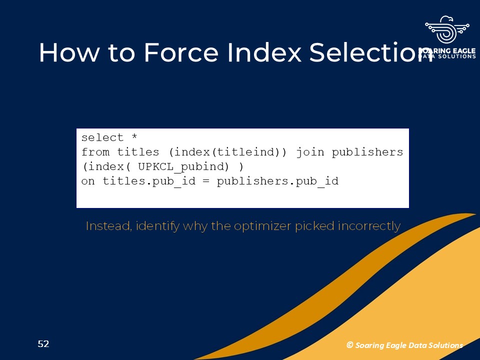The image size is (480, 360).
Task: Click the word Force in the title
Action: (181, 52)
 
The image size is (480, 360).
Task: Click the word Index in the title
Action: (264, 52)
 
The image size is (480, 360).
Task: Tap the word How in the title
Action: (69, 52)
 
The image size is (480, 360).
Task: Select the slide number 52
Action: (43, 344)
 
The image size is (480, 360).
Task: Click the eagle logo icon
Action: (447, 29)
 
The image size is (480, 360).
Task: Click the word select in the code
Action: (102, 138)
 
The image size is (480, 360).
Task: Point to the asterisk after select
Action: (134, 136)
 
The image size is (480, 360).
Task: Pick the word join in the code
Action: (310, 152)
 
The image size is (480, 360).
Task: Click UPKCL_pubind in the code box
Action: (183, 167)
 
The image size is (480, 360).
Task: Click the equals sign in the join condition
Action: (205, 181)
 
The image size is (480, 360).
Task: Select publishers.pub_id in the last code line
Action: (277, 181)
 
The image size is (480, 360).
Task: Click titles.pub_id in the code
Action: (149, 181)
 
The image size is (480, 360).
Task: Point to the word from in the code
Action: (95, 152)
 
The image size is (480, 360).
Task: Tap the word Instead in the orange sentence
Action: (109, 226)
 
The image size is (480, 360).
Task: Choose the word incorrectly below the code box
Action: (369, 226)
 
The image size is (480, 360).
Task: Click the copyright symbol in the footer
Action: (349, 345)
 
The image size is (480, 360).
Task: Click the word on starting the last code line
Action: (88, 181)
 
